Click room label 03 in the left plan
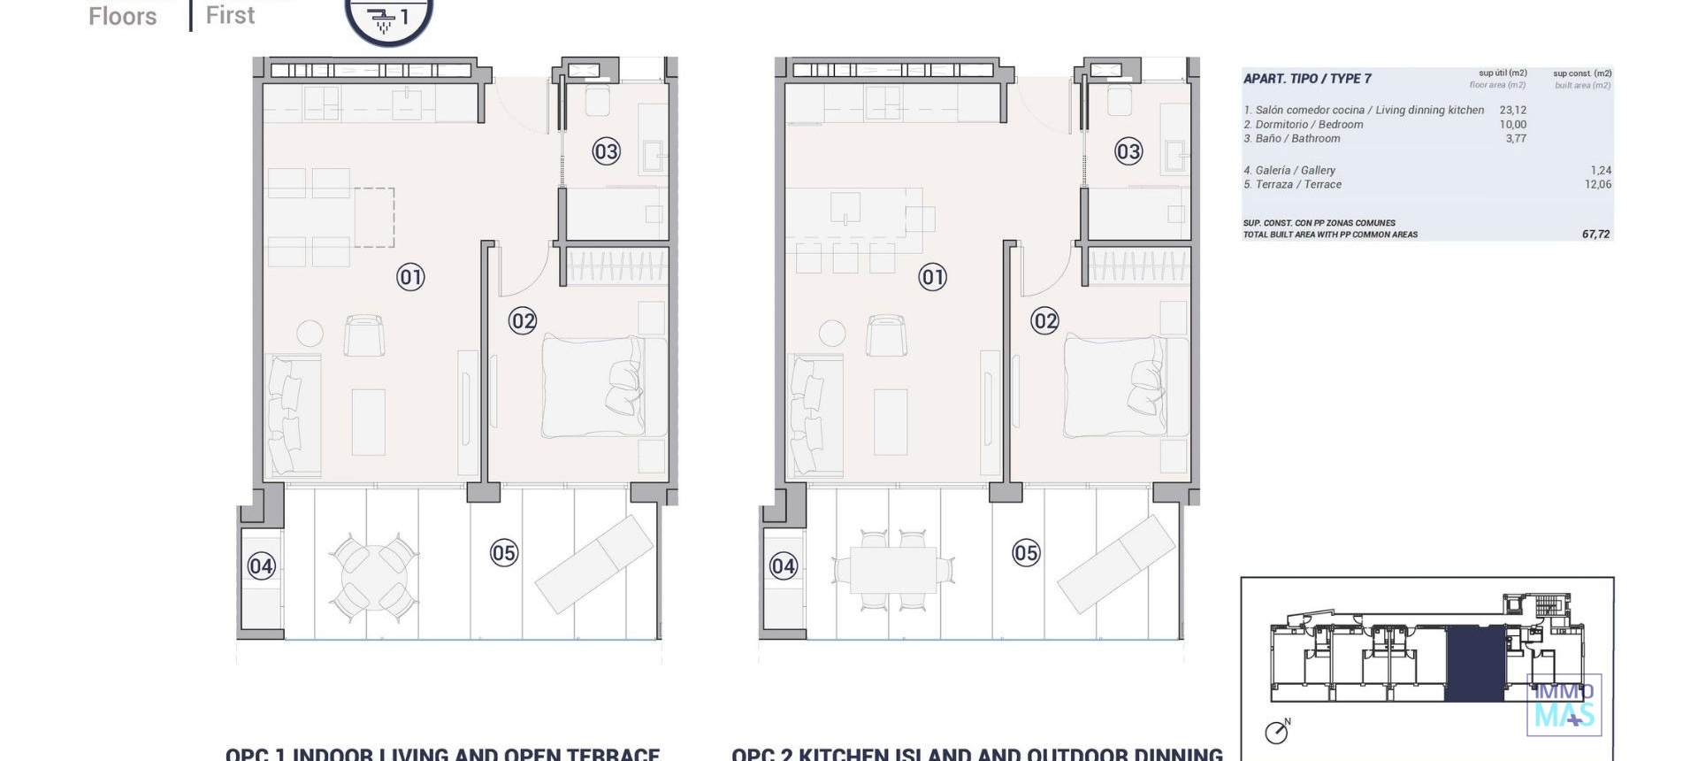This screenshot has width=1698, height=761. coord(606,151)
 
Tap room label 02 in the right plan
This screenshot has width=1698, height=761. coord(1044,320)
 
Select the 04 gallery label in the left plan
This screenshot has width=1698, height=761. coord(261,565)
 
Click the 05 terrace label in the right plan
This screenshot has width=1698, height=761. coord(1026,553)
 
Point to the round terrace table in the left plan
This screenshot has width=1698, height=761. coord(374,576)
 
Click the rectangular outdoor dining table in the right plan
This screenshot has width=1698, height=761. coord(893,569)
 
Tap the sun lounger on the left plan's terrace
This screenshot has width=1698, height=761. coord(594,564)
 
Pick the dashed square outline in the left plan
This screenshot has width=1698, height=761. coord(374,217)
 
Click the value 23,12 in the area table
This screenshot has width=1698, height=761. coord(1512,111)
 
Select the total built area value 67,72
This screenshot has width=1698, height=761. coord(1595,234)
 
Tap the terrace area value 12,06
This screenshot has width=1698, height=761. coord(1597,185)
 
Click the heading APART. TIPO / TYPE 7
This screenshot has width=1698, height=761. coord(1307,79)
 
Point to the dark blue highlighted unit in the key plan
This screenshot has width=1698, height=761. coord(1474,663)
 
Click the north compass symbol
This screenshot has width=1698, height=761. coord(1276,732)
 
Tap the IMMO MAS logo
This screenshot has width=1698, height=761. coord(1564,705)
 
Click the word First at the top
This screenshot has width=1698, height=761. coord(230,15)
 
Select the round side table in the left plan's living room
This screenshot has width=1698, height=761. coord(310,333)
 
